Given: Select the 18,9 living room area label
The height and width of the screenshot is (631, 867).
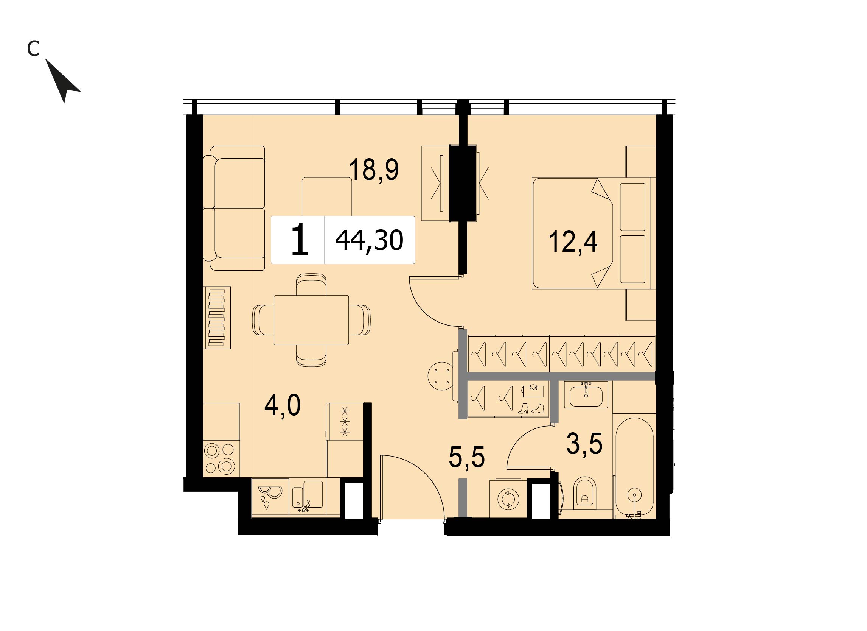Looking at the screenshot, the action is point(373,170).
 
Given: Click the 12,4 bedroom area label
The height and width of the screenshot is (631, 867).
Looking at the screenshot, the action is point(573,242).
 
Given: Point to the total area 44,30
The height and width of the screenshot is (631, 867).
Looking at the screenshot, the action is point(369,240).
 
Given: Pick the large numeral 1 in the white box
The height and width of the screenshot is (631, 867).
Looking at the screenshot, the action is point(300,240).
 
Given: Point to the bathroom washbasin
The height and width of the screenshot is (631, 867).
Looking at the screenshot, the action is point(586,396).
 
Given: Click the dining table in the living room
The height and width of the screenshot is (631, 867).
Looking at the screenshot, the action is point(311,320).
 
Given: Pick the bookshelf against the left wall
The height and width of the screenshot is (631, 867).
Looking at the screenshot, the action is point(216,318).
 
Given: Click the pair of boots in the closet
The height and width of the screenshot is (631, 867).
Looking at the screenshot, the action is point(530,408).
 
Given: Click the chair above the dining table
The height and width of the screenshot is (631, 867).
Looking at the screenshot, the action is point(311,285).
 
